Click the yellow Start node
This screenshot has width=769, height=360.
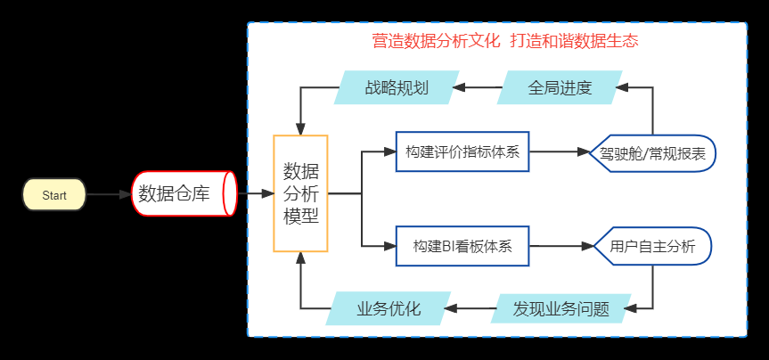54,195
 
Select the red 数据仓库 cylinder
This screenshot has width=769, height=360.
184,193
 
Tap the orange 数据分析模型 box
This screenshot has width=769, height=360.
300,193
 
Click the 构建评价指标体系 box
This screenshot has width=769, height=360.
462,151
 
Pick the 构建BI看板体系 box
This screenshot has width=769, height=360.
462,246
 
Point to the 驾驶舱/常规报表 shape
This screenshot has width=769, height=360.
653,153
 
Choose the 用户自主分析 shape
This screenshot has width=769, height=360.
653,246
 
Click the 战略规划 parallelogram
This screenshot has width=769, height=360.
397,87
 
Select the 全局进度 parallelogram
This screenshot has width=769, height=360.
560,87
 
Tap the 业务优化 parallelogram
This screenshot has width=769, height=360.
389,308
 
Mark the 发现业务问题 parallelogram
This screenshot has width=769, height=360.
561,308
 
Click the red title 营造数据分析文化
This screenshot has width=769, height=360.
436,41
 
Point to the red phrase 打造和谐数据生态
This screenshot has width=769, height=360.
574,41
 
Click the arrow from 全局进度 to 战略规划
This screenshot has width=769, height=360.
477,88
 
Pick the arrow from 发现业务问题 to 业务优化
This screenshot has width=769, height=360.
470,308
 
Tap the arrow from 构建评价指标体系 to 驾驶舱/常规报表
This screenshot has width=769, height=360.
560,151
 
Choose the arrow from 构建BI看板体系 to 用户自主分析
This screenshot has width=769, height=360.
562,246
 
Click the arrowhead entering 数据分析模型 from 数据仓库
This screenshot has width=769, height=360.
267,193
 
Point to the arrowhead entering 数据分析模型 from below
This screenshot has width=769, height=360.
300,258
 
